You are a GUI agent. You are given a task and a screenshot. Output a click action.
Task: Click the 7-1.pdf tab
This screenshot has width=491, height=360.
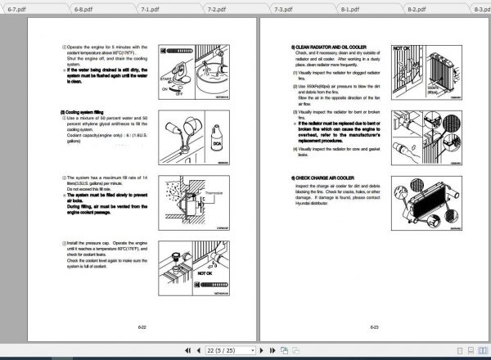click(149, 10)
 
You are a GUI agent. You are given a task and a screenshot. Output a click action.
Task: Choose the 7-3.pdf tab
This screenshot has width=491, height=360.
click(282, 10)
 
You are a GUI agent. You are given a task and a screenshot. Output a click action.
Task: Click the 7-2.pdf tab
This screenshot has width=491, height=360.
click(216, 10)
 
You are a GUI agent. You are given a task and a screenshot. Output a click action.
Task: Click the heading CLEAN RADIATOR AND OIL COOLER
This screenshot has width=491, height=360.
click(331, 47)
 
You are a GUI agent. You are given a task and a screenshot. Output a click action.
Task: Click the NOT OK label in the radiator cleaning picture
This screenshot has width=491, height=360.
click(402, 50)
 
